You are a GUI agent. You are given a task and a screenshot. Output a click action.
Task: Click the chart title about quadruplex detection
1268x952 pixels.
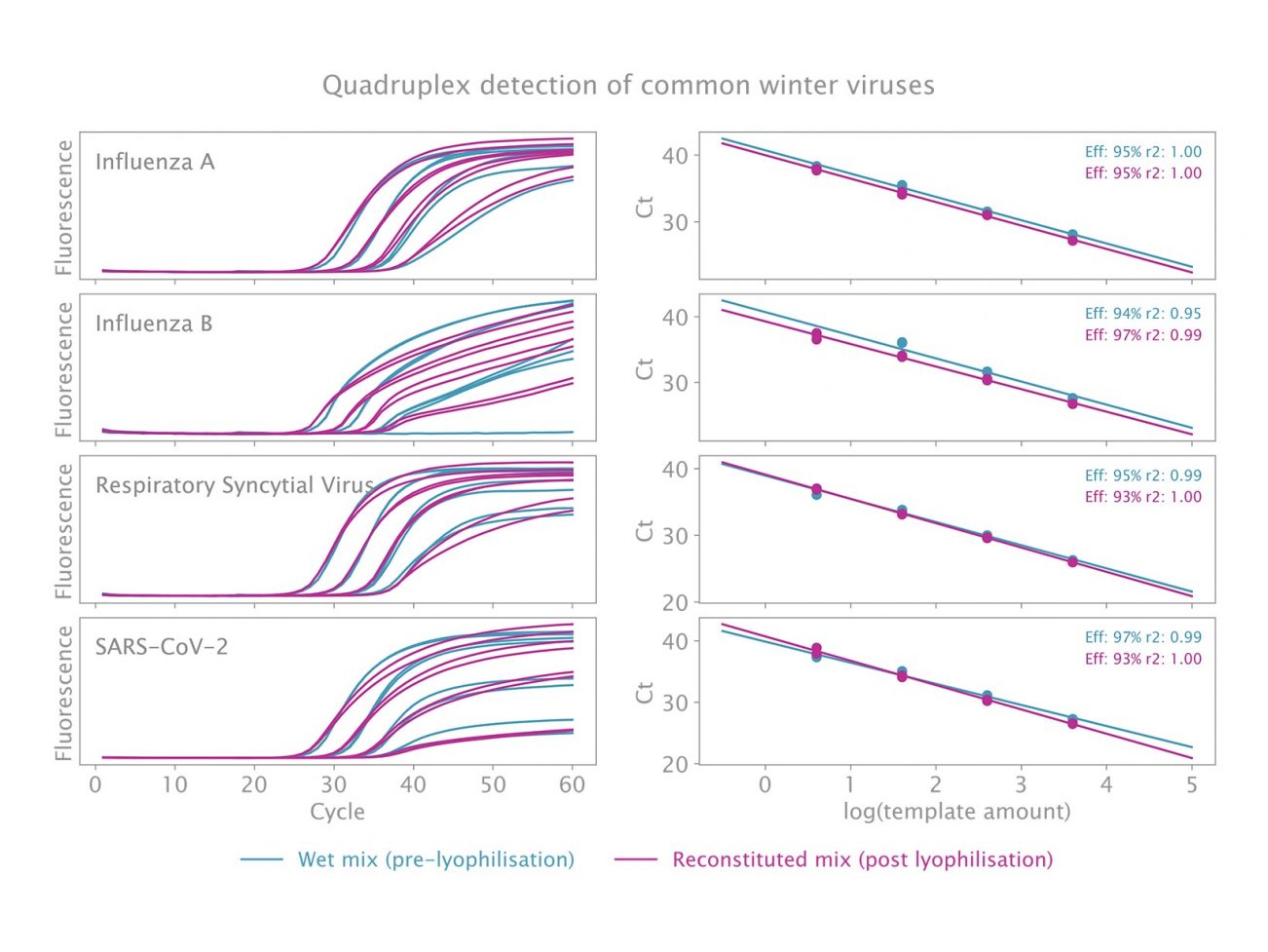(x=628, y=86)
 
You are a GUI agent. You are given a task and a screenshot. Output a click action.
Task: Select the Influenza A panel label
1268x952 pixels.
(x=154, y=162)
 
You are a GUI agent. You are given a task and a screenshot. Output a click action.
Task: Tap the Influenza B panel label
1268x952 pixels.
(x=153, y=324)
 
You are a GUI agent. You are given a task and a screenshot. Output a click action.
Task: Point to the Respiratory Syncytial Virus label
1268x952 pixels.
(x=234, y=485)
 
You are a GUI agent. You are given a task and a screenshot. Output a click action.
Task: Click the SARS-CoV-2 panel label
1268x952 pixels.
(x=161, y=647)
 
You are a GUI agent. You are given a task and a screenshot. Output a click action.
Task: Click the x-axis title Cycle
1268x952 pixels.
(x=337, y=812)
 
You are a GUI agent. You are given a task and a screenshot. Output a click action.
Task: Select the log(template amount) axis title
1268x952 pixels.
(x=956, y=812)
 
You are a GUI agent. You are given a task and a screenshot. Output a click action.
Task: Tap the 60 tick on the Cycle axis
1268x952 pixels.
(x=572, y=784)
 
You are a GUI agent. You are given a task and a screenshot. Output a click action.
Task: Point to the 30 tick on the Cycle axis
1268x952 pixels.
(x=333, y=784)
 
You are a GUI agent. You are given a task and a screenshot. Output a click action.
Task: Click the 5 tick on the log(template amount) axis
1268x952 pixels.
(x=1191, y=784)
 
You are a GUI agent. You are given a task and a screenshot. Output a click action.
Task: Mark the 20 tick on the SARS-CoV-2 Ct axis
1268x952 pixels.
(x=675, y=764)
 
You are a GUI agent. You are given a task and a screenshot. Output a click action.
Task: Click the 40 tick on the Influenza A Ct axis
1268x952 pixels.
(x=675, y=156)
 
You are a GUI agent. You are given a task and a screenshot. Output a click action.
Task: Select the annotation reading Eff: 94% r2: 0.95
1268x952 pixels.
(x=1142, y=314)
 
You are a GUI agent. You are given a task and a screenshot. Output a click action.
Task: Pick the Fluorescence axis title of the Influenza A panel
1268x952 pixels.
(x=64, y=207)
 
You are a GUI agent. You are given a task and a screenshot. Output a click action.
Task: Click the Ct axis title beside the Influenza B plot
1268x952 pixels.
(x=644, y=368)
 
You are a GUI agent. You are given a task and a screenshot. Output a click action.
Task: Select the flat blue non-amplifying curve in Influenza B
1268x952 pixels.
(x=487, y=433)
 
